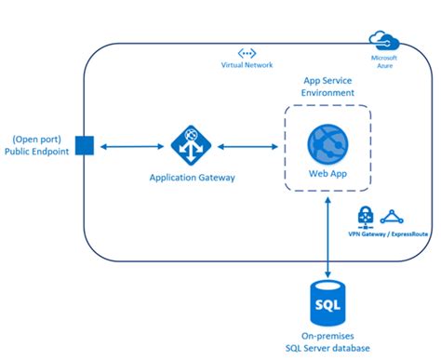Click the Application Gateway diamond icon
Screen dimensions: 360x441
[x=190, y=145]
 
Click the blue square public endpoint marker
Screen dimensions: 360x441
[x=83, y=146]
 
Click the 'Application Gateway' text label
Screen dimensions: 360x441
[x=190, y=177]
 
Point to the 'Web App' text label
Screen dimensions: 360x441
[x=327, y=173]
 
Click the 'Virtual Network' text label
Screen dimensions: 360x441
[x=247, y=68]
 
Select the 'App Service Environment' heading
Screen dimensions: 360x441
[x=327, y=87]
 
